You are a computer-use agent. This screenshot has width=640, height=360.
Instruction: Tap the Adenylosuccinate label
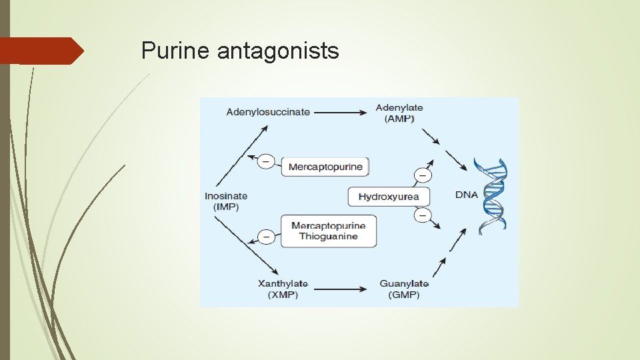[268, 112]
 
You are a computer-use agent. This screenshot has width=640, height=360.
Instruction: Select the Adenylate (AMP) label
[399, 113]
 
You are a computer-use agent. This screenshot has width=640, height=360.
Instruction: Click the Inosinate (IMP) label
[226, 201]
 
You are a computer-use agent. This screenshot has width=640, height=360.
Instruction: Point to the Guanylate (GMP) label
[404, 289]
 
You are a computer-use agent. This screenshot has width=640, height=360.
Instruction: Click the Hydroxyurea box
[389, 197]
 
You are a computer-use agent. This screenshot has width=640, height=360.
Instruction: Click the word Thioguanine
[328, 237]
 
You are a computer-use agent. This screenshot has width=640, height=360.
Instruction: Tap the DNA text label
[467, 195]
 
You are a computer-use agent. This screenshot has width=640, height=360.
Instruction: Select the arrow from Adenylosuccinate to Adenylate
[340, 113]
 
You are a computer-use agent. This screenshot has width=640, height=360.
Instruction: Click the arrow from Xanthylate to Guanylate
[340, 289]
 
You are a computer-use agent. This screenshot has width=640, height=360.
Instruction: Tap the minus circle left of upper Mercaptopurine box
[266, 161]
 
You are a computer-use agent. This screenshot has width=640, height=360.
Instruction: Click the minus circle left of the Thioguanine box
[266, 236]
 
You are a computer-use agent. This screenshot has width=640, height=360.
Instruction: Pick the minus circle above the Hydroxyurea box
[423, 175]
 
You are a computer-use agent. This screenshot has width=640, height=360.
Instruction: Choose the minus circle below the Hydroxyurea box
[423, 215]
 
